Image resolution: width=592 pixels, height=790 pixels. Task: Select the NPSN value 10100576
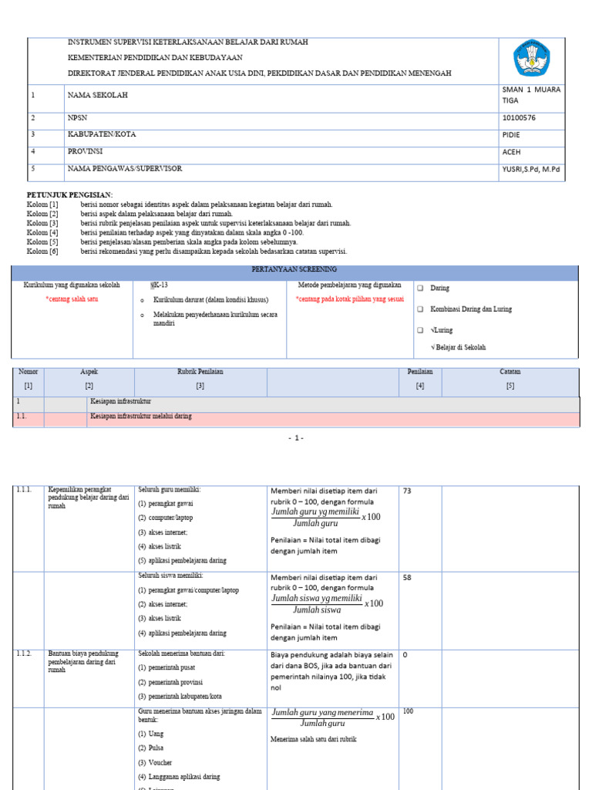click(x=520, y=118)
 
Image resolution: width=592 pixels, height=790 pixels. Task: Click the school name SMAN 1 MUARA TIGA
click(x=531, y=94)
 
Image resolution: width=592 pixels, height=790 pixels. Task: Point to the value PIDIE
click(x=511, y=134)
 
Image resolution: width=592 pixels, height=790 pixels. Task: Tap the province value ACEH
click(x=511, y=151)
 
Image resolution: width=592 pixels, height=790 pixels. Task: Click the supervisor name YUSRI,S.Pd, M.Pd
click(x=532, y=168)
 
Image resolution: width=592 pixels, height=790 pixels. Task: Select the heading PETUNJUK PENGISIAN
click(x=70, y=194)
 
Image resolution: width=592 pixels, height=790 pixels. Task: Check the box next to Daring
click(x=421, y=288)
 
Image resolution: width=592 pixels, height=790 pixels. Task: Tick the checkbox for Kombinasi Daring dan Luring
click(x=421, y=309)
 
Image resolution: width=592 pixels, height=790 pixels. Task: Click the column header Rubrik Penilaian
click(x=200, y=372)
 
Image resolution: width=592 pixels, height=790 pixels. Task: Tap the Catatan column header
click(x=510, y=372)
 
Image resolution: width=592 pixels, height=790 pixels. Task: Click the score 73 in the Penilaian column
click(x=408, y=491)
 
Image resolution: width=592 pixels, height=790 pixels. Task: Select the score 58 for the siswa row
click(x=408, y=577)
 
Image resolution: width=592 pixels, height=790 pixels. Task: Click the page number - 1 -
click(x=296, y=438)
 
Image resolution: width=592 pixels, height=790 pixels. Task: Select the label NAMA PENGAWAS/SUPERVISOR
click(x=125, y=168)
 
